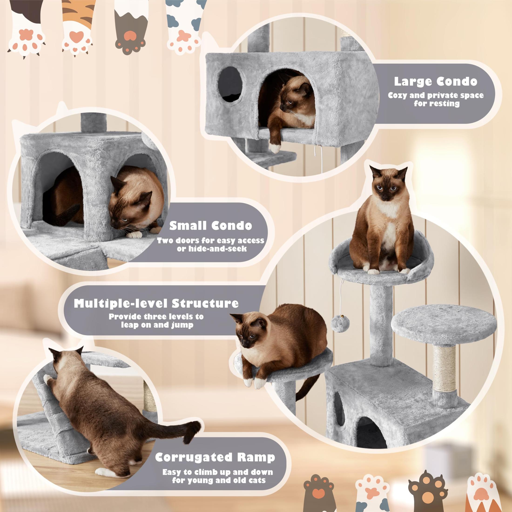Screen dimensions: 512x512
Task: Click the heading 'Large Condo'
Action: (435, 81)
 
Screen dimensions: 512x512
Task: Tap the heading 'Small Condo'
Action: (211, 226)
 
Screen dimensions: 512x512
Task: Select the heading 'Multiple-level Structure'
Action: (156, 303)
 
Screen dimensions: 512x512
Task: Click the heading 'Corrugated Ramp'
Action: (215, 457)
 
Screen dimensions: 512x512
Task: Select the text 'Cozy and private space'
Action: (436, 95)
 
